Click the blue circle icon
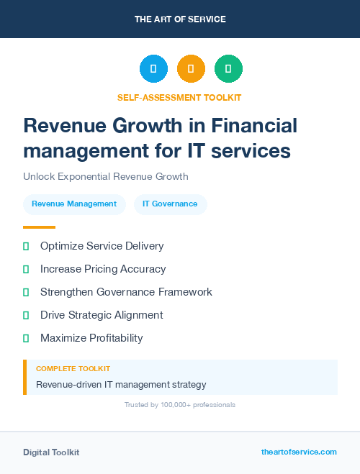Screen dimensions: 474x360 [x=153, y=69]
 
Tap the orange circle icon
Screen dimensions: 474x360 [x=191, y=69]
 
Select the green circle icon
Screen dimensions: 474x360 [x=228, y=69]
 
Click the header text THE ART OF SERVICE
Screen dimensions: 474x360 [x=180, y=19]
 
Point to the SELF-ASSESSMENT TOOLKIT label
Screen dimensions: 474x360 [x=179, y=97]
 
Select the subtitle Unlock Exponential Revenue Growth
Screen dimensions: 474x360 [x=105, y=176]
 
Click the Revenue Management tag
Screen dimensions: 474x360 [x=74, y=204]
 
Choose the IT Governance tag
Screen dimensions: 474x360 [x=170, y=204]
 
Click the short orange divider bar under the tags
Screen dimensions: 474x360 [x=39, y=227]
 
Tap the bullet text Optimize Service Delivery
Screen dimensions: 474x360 [x=102, y=246]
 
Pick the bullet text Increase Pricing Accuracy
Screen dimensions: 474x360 [x=103, y=269]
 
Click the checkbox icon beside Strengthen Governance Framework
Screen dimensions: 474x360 [x=26, y=292]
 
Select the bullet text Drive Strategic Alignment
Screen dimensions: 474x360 [x=102, y=315]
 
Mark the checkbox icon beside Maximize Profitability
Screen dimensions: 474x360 [x=26, y=338]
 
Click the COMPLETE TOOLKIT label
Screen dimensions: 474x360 [x=73, y=369]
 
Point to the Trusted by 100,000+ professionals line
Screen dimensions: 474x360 [x=180, y=405]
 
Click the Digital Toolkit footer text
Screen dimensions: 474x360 [x=51, y=452]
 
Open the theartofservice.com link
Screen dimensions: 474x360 [x=299, y=452]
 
